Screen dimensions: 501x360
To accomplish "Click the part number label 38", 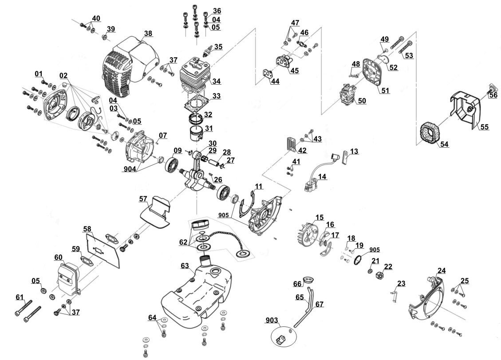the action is coord(148,34).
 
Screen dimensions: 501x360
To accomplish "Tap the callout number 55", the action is coord(485,127).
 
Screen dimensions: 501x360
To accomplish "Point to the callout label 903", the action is coord(272,320).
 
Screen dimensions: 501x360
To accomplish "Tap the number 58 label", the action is coord(87,229).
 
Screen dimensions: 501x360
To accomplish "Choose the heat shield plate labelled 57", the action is coord(155,212).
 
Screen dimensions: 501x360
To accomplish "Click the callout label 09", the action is coord(178,150).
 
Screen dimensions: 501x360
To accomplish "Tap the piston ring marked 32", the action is coord(194,119).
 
